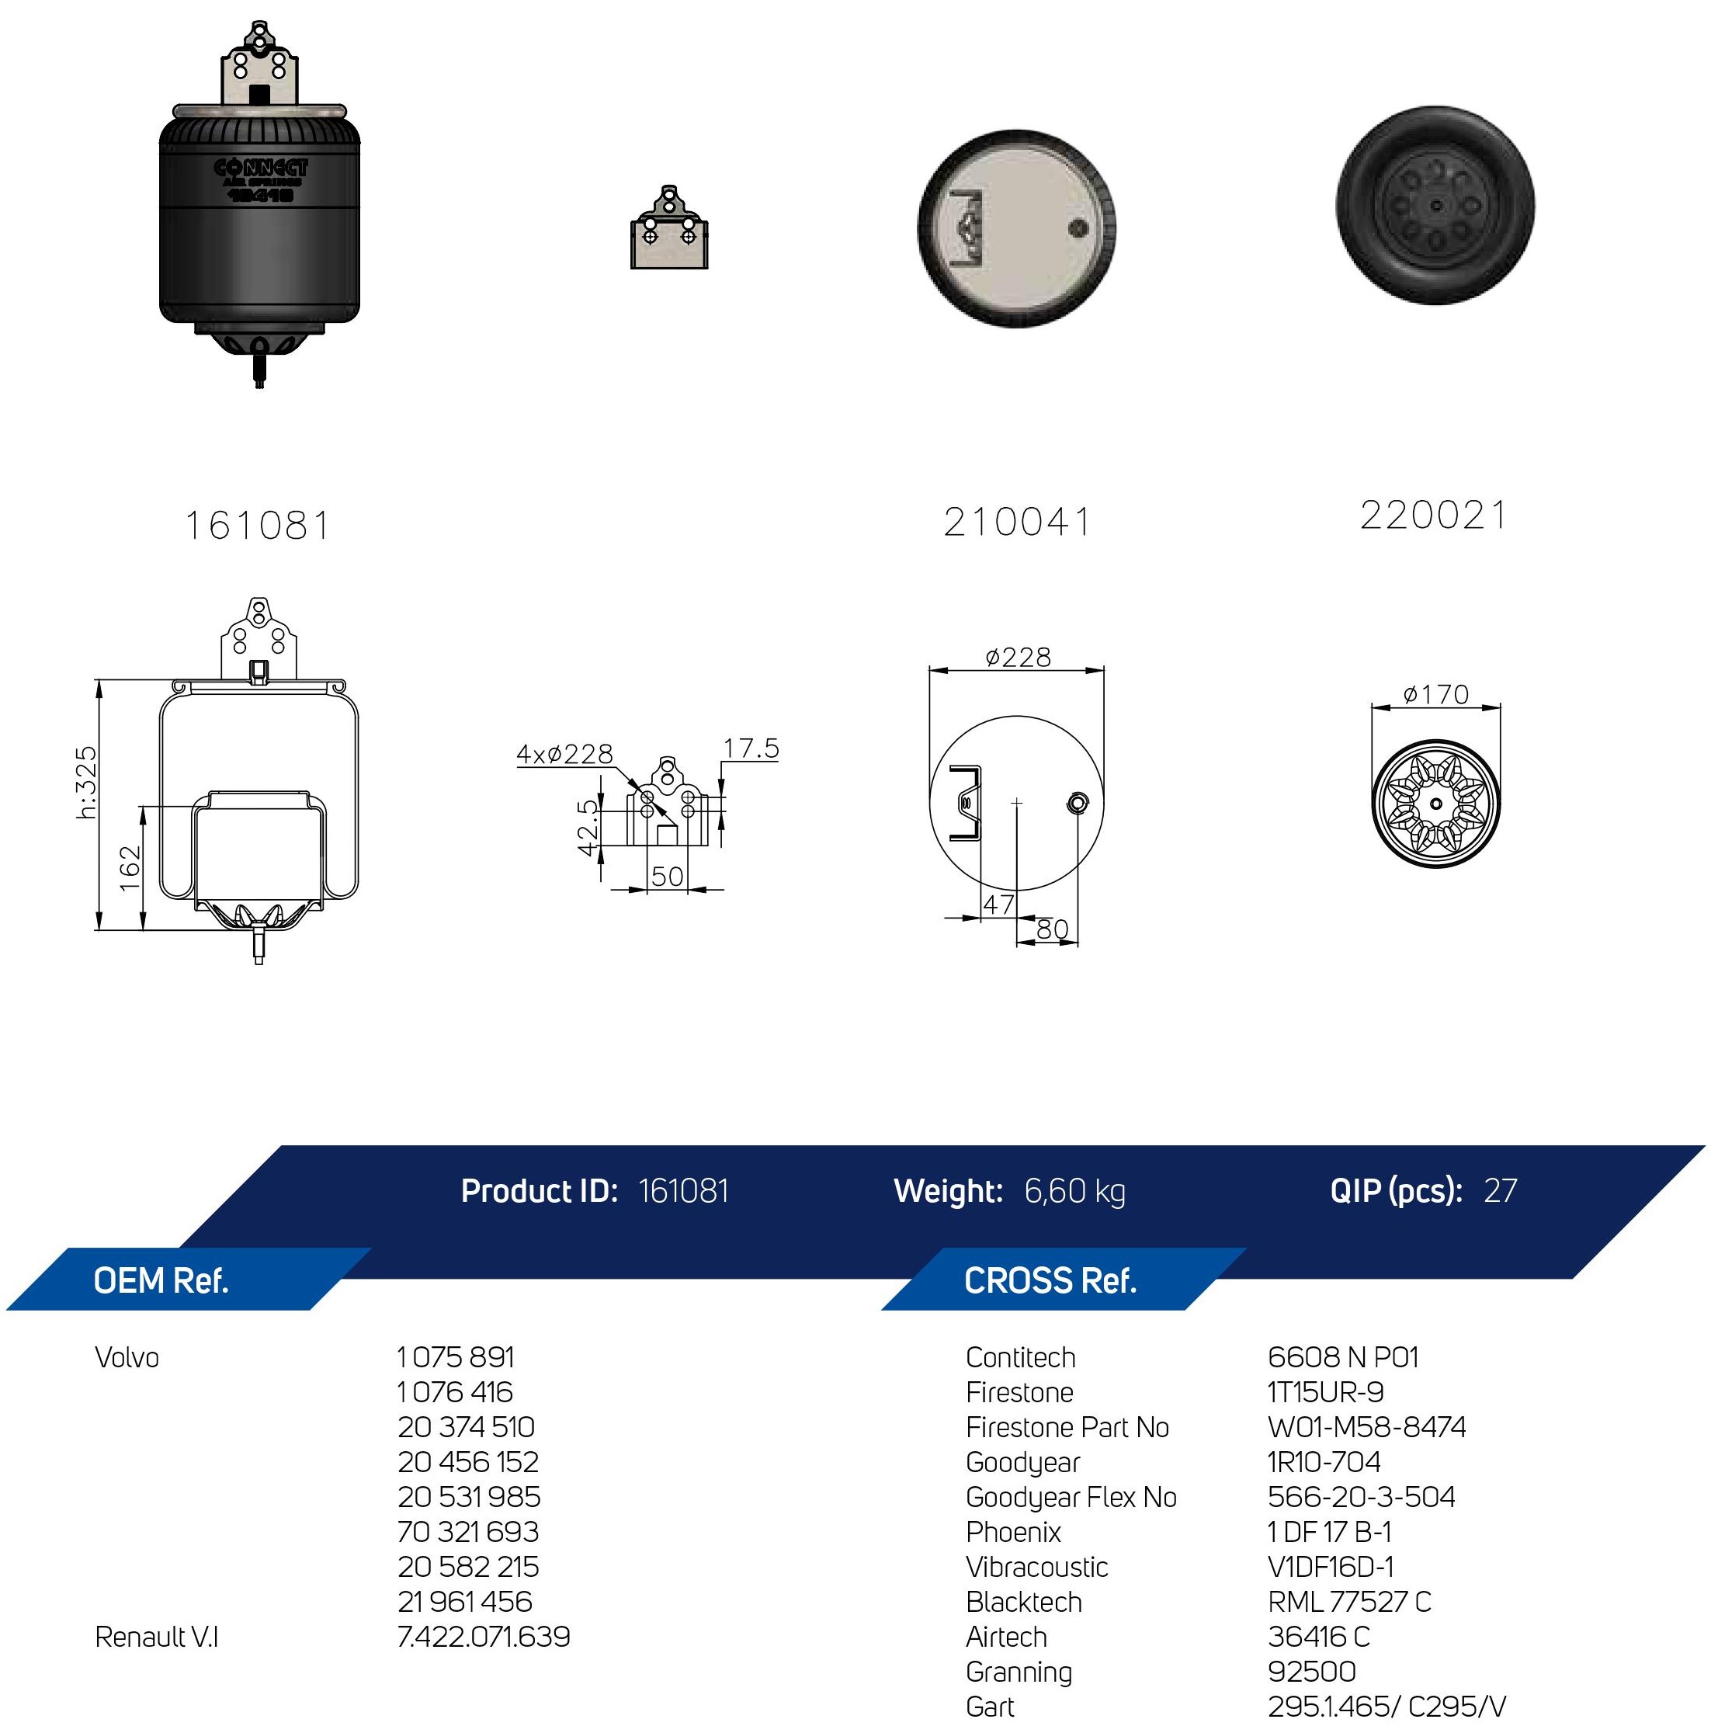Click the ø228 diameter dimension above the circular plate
point(1018,658)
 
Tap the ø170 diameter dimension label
point(1436,694)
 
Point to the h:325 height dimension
point(85,783)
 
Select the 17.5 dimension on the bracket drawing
point(751,748)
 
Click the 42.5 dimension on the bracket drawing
point(587,826)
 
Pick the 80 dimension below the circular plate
point(1053,929)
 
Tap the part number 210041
point(1018,523)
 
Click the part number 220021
point(1433,516)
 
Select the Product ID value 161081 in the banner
point(683,1191)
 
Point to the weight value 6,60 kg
point(1075,1192)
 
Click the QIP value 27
point(1500,1191)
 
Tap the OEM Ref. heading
point(161,1281)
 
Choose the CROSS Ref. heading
point(1050,1281)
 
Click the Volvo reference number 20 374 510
point(467,1427)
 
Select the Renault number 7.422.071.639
point(484,1637)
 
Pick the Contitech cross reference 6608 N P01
point(1343,1357)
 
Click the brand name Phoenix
point(1013,1532)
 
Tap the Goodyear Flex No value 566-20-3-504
point(1362,1496)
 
